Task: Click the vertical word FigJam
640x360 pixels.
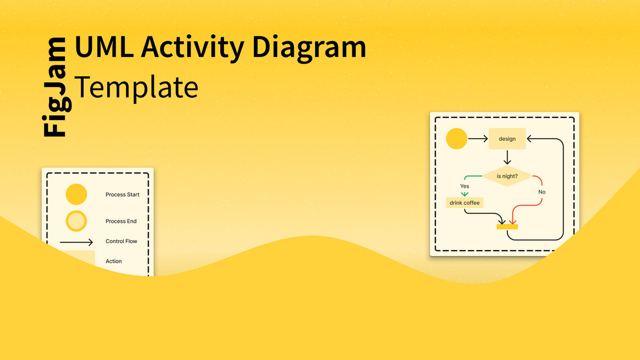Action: [x=57, y=87]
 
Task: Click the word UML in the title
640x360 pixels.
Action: [x=104, y=46]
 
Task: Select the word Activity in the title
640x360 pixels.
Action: [x=193, y=49]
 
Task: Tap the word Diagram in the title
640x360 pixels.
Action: [x=309, y=49]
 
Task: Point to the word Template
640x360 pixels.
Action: [x=137, y=87]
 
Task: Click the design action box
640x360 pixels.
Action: [x=507, y=139]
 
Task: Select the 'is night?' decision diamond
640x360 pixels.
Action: [x=507, y=176]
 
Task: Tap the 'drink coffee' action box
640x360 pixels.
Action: [x=465, y=203]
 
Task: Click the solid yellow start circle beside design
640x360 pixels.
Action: [x=457, y=139]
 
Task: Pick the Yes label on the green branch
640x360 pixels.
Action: [x=465, y=186]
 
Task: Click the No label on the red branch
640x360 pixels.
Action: [x=542, y=191]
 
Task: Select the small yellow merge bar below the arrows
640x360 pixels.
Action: [x=507, y=227]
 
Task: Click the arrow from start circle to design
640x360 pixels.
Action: [x=478, y=139]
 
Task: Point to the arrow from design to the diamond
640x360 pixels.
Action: [x=507, y=157]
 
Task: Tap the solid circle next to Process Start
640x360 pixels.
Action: [x=76, y=194]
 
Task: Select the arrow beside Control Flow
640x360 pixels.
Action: [x=76, y=242]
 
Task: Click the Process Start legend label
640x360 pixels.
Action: [x=122, y=195]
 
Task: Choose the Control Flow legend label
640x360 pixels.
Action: [x=121, y=241]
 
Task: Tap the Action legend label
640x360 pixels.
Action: [x=114, y=261]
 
